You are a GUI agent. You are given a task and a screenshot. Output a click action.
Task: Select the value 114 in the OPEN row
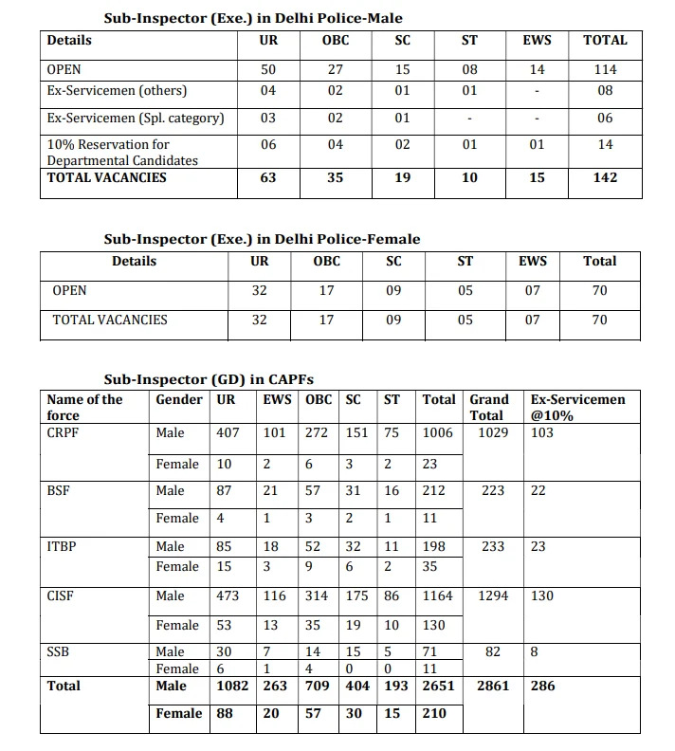point(605,69)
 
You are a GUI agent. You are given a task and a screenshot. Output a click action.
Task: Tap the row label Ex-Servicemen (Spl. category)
point(136,119)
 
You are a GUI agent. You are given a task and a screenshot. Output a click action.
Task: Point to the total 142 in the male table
point(605,177)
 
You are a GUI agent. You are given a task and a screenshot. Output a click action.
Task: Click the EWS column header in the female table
point(533,262)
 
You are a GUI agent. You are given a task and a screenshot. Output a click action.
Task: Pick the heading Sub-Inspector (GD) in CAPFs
point(222,380)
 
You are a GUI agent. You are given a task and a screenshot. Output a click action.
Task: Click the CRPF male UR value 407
point(228,432)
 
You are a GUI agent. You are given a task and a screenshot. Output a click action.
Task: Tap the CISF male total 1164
point(437,595)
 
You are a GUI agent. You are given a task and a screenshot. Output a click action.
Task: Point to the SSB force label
point(59,651)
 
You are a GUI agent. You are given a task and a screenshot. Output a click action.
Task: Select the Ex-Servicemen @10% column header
point(577,407)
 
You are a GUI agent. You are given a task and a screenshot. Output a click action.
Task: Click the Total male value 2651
point(439,686)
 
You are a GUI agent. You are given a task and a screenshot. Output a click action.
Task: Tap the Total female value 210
point(433,713)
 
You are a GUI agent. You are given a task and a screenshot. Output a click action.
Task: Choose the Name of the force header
point(84,407)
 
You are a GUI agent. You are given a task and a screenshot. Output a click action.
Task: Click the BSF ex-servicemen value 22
point(538,490)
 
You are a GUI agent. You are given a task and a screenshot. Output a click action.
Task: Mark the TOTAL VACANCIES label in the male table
point(106,177)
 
